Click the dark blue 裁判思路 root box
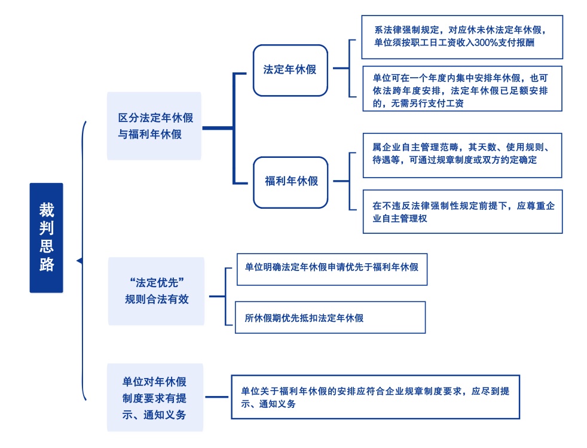(x=46, y=237)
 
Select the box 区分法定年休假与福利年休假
(x=154, y=126)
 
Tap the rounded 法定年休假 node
(x=290, y=70)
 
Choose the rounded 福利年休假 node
(x=291, y=182)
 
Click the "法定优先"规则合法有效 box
(x=156, y=291)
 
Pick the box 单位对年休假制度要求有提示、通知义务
(x=155, y=397)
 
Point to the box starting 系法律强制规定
(x=462, y=36)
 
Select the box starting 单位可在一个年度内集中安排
(x=462, y=89)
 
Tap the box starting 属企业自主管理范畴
(x=462, y=156)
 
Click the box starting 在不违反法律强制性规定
(x=462, y=212)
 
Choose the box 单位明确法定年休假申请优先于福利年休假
(x=332, y=267)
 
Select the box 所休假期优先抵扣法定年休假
(x=330, y=318)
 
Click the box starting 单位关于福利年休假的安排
(x=375, y=397)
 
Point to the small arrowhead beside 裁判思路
(x=79, y=260)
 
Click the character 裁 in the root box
(x=47, y=209)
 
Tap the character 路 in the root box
(x=47, y=265)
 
